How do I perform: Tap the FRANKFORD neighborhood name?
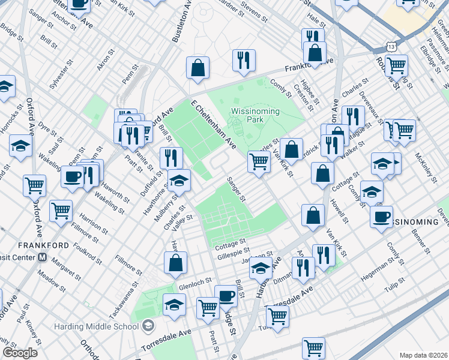click(x=24, y=245)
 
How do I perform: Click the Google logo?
click(x=20, y=353)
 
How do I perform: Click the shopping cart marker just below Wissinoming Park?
click(x=259, y=161)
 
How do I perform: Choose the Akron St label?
click(x=104, y=62)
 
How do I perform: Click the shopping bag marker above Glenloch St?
click(x=175, y=262)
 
